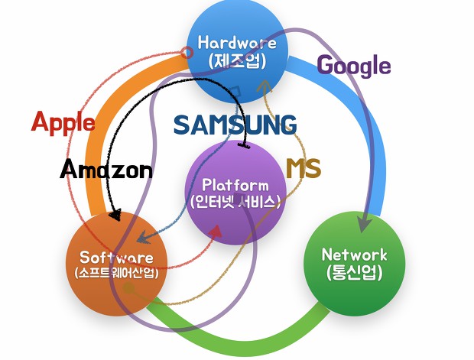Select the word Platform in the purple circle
pyautogui.click(x=235, y=185)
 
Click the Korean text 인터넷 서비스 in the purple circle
pyautogui.click(x=235, y=203)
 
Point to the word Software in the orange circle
pyautogui.click(x=116, y=258)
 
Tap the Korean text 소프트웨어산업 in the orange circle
pyautogui.click(x=116, y=273)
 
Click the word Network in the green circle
pyautogui.click(x=354, y=255)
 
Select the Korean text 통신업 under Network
pyautogui.click(x=354, y=272)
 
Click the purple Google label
pyautogui.click(x=353, y=66)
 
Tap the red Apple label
pyautogui.click(x=63, y=122)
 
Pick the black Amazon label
pyautogui.click(x=106, y=170)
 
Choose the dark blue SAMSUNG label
pyautogui.click(x=235, y=125)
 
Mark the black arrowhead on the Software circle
pyautogui.click(x=115, y=216)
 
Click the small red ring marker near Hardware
pyautogui.click(x=187, y=53)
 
